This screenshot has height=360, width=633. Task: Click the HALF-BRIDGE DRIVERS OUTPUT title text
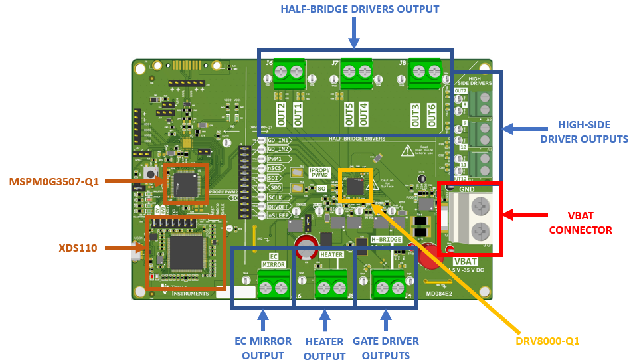click(359, 9)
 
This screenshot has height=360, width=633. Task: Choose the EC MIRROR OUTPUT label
click(262, 348)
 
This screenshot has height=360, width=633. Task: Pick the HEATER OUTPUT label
click(324, 349)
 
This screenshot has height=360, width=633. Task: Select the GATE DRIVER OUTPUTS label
click(387, 348)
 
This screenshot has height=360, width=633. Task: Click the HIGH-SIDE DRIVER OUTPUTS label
click(583, 132)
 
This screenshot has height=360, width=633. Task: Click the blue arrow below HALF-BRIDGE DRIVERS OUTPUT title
click(354, 32)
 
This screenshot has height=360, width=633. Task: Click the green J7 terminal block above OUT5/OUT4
click(355, 72)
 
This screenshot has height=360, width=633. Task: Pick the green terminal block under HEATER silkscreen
click(330, 287)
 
